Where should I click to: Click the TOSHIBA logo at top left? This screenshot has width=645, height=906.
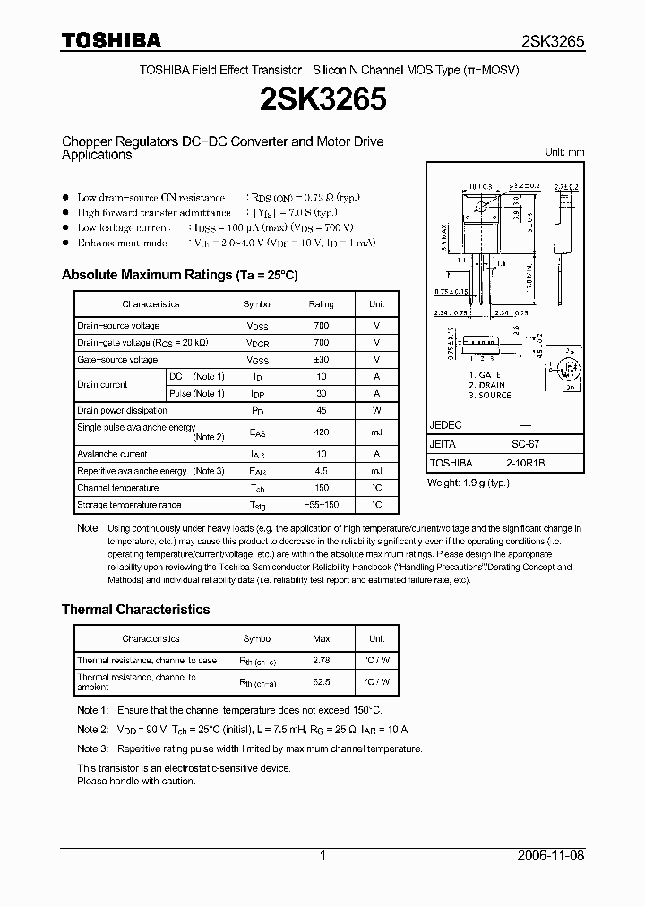pyautogui.click(x=111, y=40)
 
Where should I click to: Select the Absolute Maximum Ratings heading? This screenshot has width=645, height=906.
pyautogui.click(x=179, y=275)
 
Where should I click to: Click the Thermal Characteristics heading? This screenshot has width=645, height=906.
pyautogui.click(x=135, y=609)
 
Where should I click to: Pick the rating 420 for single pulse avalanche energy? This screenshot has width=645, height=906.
pyautogui.click(x=322, y=432)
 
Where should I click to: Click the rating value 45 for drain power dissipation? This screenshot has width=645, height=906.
pyautogui.click(x=322, y=410)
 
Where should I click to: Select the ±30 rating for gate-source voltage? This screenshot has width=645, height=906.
pyautogui.click(x=322, y=360)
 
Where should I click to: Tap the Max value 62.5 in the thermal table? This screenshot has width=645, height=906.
pyautogui.click(x=322, y=681)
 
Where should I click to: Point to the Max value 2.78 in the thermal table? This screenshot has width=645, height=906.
pyautogui.click(x=322, y=661)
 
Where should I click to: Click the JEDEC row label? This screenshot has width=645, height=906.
pyautogui.click(x=445, y=425)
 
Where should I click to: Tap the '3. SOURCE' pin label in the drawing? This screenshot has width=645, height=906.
pyautogui.click(x=489, y=395)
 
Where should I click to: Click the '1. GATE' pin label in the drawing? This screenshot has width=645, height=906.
pyautogui.click(x=485, y=375)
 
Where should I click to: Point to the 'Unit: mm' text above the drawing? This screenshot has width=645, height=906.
pyautogui.click(x=564, y=152)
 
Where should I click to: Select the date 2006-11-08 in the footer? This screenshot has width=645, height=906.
pyautogui.click(x=553, y=856)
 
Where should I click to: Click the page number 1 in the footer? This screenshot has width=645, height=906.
pyautogui.click(x=322, y=856)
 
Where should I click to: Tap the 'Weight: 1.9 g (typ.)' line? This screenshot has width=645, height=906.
pyautogui.click(x=468, y=483)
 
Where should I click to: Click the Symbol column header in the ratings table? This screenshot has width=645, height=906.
pyautogui.click(x=258, y=304)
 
